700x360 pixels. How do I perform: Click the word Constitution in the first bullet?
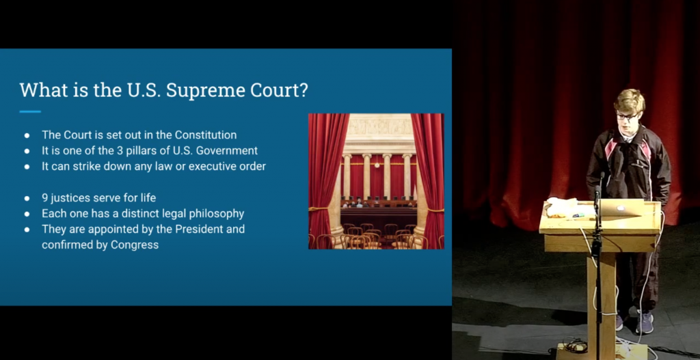(x=206, y=135)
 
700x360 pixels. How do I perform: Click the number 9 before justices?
(x=45, y=197)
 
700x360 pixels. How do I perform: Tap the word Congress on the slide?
(x=135, y=245)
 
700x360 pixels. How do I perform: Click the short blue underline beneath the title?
(x=30, y=111)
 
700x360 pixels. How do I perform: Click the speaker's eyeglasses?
(x=627, y=116)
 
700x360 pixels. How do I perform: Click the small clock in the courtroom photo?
(x=377, y=165)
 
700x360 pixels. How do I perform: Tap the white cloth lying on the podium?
(x=562, y=207)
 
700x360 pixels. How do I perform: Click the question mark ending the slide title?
(x=303, y=91)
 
